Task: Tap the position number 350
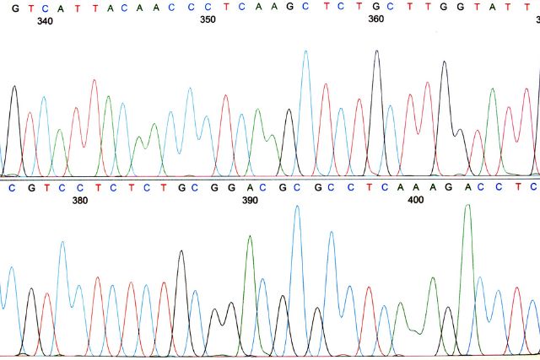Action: tap(208, 19)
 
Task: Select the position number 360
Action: tap(375, 19)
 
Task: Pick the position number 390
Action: tap(250, 201)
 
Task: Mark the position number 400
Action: tap(415, 201)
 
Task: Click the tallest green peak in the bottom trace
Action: tap(467, 206)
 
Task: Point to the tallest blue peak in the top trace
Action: tap(305, 51)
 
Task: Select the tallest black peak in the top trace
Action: tap(376, 51)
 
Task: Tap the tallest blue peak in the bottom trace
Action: tap(297, 207)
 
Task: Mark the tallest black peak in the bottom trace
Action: tap(181, 251)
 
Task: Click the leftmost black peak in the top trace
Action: tap(13, 87)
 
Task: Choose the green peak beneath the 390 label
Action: tap(250, 237)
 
